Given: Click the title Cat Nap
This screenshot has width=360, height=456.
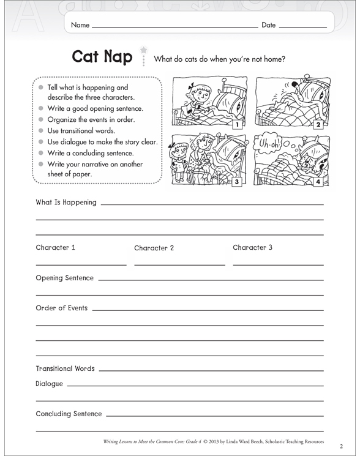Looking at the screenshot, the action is coord(102,57).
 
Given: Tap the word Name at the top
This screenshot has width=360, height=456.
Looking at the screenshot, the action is coord(80,25).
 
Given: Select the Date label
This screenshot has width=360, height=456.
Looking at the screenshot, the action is coord(269,25).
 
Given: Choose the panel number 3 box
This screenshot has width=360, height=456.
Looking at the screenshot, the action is coord(236,182).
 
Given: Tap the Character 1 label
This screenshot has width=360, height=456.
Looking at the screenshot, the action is coord(55,248).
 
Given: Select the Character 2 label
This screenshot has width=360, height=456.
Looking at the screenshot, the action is coord(154,249).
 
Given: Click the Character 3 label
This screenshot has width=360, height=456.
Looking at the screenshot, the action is coord(252,248).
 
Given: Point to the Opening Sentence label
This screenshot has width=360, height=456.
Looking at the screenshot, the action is coord(65,278).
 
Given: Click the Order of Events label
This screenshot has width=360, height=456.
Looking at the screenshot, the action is coord(62,308).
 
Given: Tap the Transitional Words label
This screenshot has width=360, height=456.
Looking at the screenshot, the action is coord(65,368).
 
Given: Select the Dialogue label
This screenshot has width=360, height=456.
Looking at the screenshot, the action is coord(50,384).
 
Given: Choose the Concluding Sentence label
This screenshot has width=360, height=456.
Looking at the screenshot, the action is coord(69,414).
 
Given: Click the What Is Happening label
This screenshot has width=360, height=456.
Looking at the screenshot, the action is coord(66,203).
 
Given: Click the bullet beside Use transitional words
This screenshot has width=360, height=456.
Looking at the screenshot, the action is coord(41,131).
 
